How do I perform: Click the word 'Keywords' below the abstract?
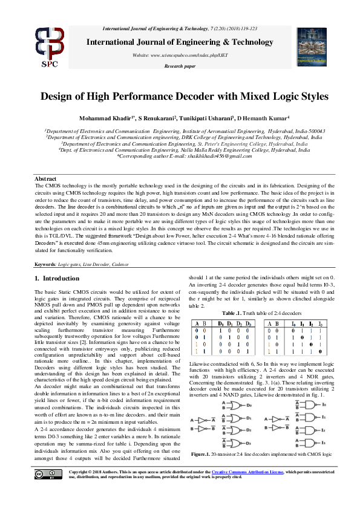tap(45, 265)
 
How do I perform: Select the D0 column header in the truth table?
tap(222, 323)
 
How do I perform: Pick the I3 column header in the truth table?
tap(320, 323)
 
